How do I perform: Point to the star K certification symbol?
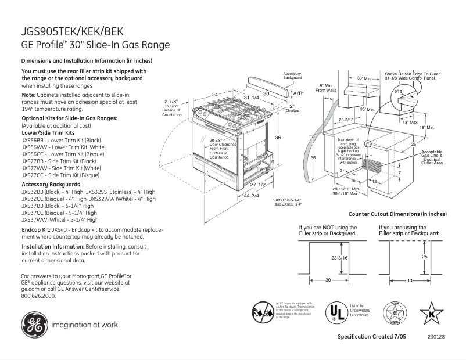tap(431, 314)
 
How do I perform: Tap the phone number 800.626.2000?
tap(38, 296)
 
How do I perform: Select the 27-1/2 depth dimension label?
tap(257, 184)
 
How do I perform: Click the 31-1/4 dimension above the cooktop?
tap(252, 97)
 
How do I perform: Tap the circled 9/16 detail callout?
tap(398, 92)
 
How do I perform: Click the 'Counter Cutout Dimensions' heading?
tap(406, 214)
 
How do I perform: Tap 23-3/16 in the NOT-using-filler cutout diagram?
tap(339, 257)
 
